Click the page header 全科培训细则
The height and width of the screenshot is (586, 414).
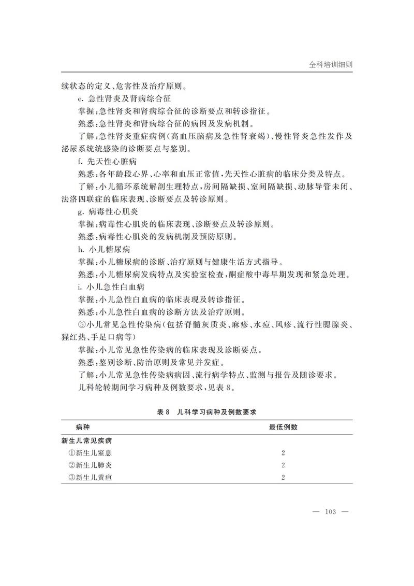[331, 65]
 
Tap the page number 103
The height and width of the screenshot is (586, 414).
[330, 512]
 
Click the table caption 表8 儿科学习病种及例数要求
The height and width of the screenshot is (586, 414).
[207, 412]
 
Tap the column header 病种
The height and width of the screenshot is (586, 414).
[82, 427]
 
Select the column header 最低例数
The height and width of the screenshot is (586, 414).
[283, 427]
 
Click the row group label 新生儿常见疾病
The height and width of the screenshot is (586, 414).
[87, 441]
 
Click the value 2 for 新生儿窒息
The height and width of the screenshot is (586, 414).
[283, 453]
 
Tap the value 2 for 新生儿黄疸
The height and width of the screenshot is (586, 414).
[283, 477]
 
